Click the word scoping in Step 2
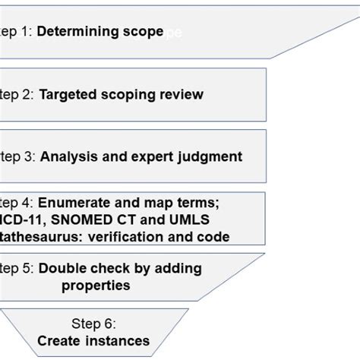pyautogui.click(x=123, y=94)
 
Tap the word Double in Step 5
pyautogui.click(x=61, y=269)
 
